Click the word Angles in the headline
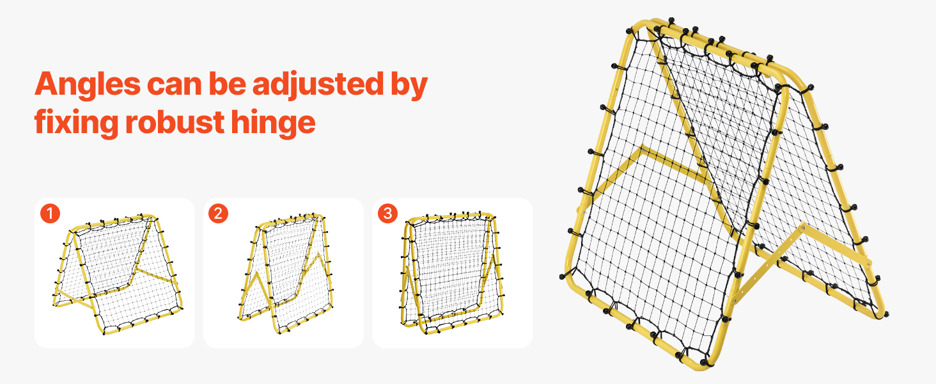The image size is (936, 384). coord(88,85)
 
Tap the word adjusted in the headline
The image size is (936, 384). coord(318,84)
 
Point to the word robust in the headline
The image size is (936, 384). coord(175,122)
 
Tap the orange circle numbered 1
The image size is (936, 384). coord(50,213)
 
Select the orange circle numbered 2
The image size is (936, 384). coord(218,213)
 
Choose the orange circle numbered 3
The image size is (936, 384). coord(387,213)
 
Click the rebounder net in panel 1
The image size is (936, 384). coord(118,274)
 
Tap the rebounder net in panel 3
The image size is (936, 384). coord(452,272)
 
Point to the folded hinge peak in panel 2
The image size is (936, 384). coord(319,254)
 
